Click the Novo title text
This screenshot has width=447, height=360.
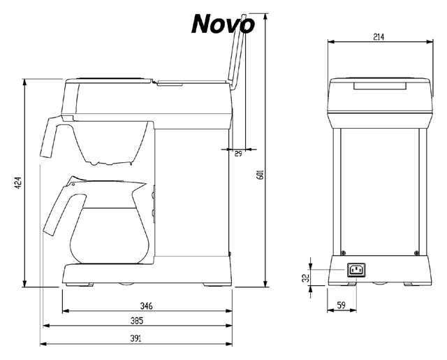tap(223, 24)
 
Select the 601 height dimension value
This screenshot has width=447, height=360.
tap(261, 175)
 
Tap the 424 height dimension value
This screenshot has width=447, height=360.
tap(18, 183)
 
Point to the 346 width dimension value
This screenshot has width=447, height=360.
tap(146, 306)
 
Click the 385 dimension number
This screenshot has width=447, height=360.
tap(137, 321)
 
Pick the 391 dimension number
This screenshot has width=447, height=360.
tap(135, 338)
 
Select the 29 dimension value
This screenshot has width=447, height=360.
tap(238, 154)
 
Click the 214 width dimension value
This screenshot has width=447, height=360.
tap(379, 37)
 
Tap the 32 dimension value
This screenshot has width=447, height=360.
tap(306, 278)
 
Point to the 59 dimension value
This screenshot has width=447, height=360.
tap(342, 305)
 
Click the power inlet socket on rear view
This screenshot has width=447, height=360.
tap(356, 270)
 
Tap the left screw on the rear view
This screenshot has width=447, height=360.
tap(343, 253)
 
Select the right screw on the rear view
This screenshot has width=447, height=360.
tap(416, 253)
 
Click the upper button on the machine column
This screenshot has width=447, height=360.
tap(153, 195)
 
